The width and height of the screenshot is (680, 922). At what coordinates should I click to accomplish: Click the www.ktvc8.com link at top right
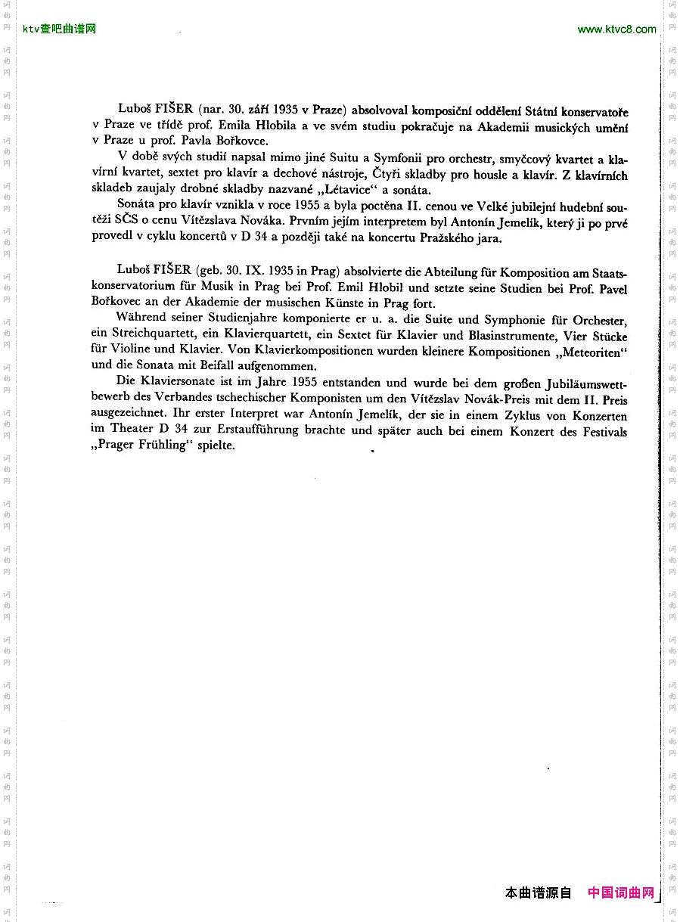coord(616,29)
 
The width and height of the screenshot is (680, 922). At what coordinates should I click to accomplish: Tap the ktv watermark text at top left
coord(60,29)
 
